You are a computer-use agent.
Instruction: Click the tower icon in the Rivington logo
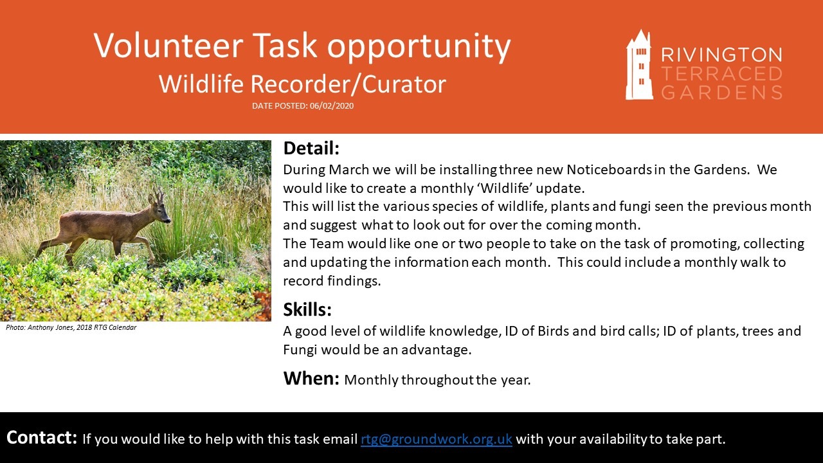click(639, 65)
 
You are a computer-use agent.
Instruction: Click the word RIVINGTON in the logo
click(721, 55)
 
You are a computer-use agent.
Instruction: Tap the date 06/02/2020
click(331, 106)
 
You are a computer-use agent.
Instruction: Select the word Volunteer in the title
click(168, 46)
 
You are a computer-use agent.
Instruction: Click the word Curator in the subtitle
click(404, 84)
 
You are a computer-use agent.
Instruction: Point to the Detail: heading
click(311, 148)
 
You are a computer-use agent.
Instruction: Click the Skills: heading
click(307, 309)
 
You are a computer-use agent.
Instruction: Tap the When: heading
click(311, 378)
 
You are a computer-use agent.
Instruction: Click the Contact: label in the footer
click(42, 438)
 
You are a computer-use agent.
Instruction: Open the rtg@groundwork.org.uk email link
click(437, 439)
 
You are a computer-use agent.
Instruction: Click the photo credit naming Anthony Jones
click(71, 327)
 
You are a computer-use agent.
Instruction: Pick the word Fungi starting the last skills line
click(300, 350)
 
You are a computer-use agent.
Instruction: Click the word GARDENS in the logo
click(721, 92)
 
